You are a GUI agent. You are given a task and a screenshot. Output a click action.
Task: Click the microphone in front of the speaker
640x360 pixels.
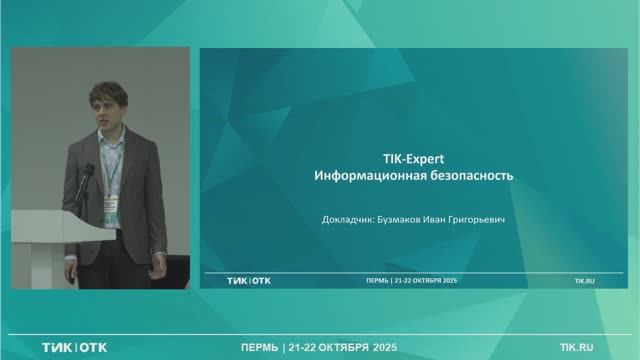(88, 172)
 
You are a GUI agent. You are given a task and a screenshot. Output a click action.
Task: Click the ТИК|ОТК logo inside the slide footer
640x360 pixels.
(249, 281)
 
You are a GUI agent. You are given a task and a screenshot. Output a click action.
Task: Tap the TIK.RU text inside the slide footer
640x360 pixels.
(584, 281)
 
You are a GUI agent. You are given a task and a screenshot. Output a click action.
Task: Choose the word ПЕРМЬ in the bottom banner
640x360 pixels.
(259, 347)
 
